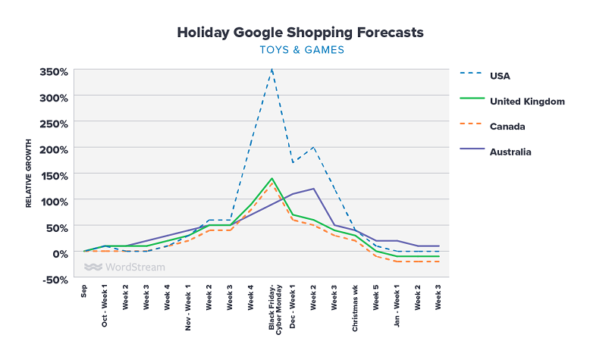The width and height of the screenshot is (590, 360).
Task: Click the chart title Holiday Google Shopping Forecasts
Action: tap(300, 33)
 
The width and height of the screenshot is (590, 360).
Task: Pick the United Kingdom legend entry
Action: tap(527, 101)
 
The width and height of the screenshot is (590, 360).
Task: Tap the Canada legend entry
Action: tap(507, 126)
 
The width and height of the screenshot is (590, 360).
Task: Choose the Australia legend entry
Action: tap(510, 152)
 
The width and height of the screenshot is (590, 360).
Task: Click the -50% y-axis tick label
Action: tap(55, 280)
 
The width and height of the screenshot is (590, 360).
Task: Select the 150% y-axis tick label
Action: tap(55, 176)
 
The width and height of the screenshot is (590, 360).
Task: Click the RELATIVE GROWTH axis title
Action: tap(29, 173)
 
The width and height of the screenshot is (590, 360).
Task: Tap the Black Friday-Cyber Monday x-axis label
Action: tap(275, 308)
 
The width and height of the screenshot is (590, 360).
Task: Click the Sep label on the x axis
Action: tap(84, 293)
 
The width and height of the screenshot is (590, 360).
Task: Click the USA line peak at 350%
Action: tap(271, 70)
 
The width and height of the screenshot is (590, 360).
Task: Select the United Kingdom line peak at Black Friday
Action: tap(271, 179)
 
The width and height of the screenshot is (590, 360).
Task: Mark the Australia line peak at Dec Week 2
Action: tap(313, 189)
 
